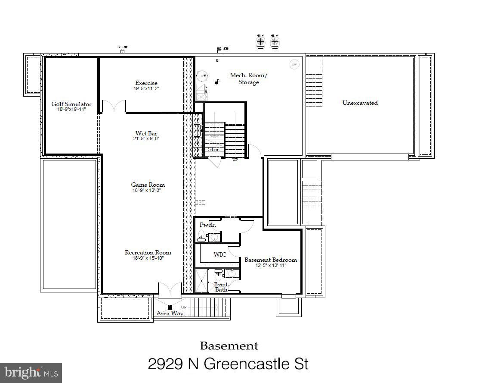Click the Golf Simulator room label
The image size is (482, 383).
[x=71, y=104]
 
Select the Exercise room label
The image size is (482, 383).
[x=146, y=83]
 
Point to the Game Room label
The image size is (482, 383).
[x=148, y=185]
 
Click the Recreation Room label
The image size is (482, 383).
[x=148, y=252]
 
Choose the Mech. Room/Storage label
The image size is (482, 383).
[x=249, y=78]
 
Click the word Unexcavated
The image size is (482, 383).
[x=360, y=103]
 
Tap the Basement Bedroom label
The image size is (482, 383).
[x=271, y=260]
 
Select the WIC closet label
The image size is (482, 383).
[x=220, y=254]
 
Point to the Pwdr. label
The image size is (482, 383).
[x=207, y=225]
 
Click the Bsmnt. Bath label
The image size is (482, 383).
[x=221, y=287]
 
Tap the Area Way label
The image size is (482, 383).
[x=170, y=313]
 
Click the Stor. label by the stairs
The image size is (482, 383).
[x=214, y=150]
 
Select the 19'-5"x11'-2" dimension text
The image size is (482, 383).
[x=146, y=89]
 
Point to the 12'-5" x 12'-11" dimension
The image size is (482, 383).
[x=271, y=266]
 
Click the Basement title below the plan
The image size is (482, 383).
[x=229, y=345]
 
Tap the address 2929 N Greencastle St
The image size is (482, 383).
[x=228, y=364]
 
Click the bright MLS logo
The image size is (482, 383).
[x=31, y=372]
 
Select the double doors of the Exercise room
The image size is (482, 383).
[x=114, y=106]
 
